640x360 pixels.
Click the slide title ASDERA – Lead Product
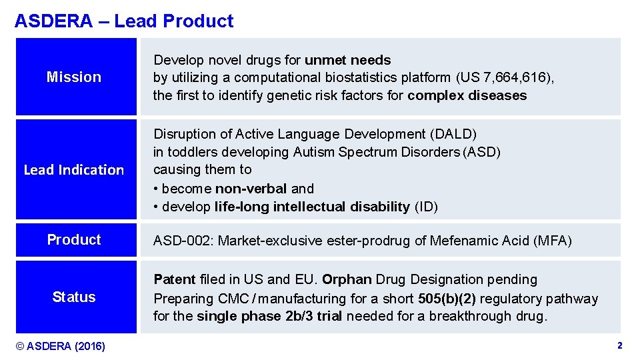(124, 21)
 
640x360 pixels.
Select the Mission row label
(74, 77)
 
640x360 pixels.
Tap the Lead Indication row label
(74, 170)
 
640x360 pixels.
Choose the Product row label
(74, 240)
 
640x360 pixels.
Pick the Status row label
(74, 297)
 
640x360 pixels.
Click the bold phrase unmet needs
(348, 61)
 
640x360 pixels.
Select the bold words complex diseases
(467, 95)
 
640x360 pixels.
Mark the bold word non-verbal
(261, 189)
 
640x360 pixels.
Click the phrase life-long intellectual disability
(312, 207)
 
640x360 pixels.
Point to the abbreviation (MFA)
(553, 241)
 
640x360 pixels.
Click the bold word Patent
(175, 279)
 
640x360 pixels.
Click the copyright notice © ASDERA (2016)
(61, 346)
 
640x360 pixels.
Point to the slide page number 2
(619, 346)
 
